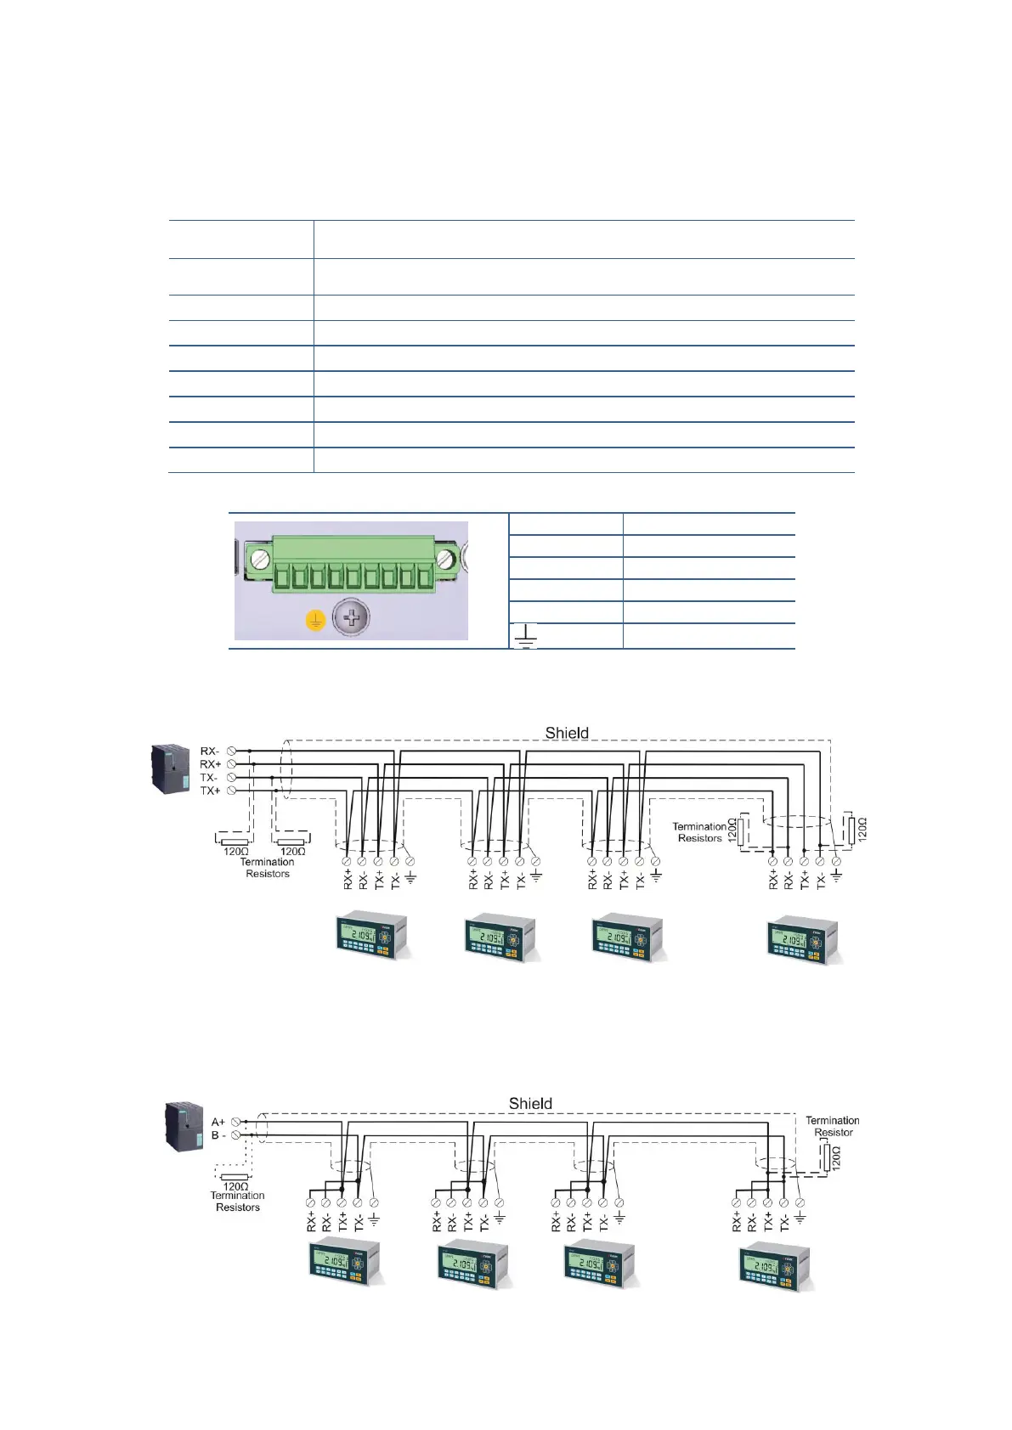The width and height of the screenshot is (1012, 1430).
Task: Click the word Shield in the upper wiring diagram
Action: [567, 733]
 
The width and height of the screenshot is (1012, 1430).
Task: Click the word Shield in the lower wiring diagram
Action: [530, 1103]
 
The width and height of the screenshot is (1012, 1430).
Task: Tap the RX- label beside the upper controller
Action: [210, 751]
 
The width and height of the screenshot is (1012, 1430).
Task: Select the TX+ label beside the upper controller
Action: [210, 791]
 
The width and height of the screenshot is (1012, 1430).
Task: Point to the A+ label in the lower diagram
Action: [218, 1122]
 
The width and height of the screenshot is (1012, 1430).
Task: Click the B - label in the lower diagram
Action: [218, 1135]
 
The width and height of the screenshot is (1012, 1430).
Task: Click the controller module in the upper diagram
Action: [170, 768]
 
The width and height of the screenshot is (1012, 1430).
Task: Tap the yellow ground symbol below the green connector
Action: [315, 621]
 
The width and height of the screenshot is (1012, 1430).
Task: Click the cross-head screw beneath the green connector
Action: [350, 617]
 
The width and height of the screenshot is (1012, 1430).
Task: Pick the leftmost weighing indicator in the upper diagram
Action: [370, 936]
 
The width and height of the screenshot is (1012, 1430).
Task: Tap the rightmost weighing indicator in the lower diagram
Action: [774, 1267]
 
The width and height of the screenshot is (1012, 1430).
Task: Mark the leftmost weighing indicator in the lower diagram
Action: [343, 1264]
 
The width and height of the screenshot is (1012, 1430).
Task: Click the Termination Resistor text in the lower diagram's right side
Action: [832, 1126]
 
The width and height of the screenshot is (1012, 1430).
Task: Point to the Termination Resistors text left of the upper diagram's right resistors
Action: [699, 832]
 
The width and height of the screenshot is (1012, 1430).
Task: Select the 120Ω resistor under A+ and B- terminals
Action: [235, 1176]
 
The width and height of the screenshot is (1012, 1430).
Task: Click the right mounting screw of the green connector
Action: [444, 559]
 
